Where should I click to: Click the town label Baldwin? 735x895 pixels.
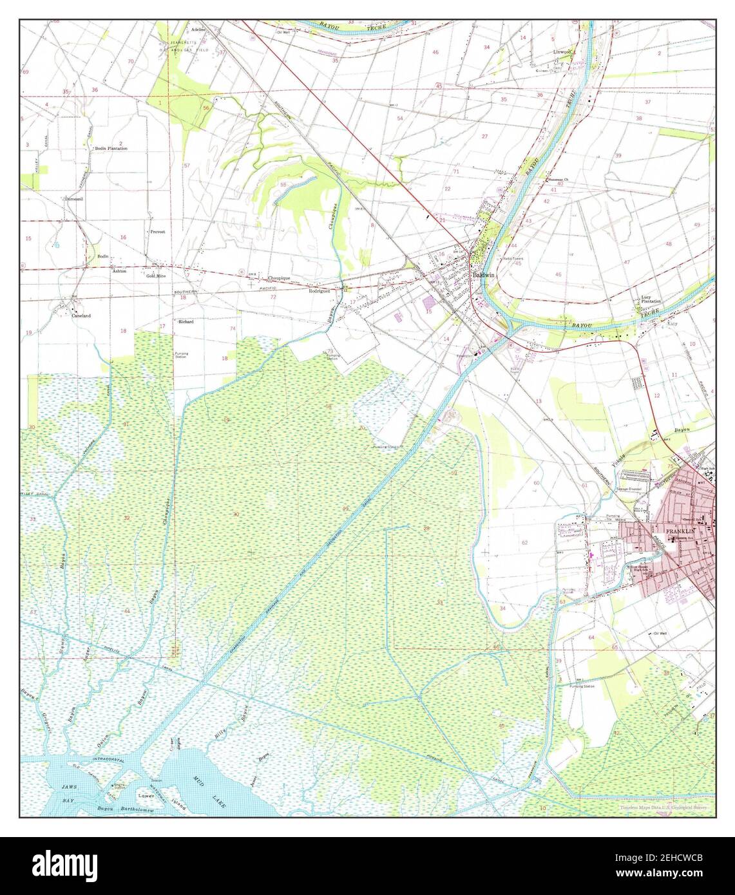pyautogui.click(x=484, y=274)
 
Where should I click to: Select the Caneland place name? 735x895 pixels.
pyautogui.click(x=81, y=316)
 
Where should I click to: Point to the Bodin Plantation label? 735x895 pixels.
pyautogui.click(x=111, y=148)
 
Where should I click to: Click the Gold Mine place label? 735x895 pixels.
pyautogui.click(x=157, y=276)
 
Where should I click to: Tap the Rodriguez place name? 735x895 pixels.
pyautogui.click(x=320, y=290)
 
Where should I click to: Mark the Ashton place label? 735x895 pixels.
pyautogui.click(x=119, y=271)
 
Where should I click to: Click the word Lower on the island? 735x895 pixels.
pyautogui.click(x=146, y=796)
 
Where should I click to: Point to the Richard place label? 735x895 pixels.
pyautogui.click(x=186, y=321)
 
